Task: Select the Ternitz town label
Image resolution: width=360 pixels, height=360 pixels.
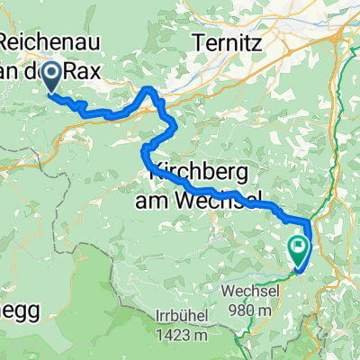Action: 226,40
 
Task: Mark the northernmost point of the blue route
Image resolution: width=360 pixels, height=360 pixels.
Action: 148,87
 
